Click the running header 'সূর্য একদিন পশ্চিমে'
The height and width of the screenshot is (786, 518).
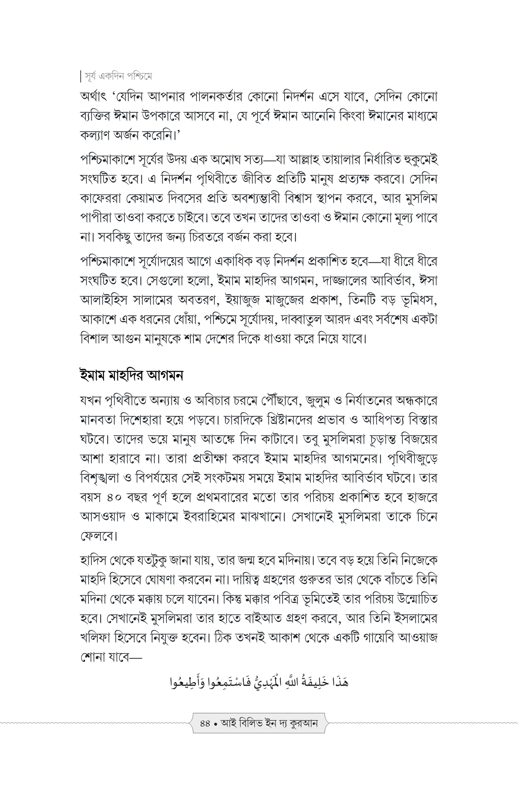coord(118,77)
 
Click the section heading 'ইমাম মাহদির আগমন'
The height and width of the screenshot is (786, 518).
coord(131,376)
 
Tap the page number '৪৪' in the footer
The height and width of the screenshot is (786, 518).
coord(205,724)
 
